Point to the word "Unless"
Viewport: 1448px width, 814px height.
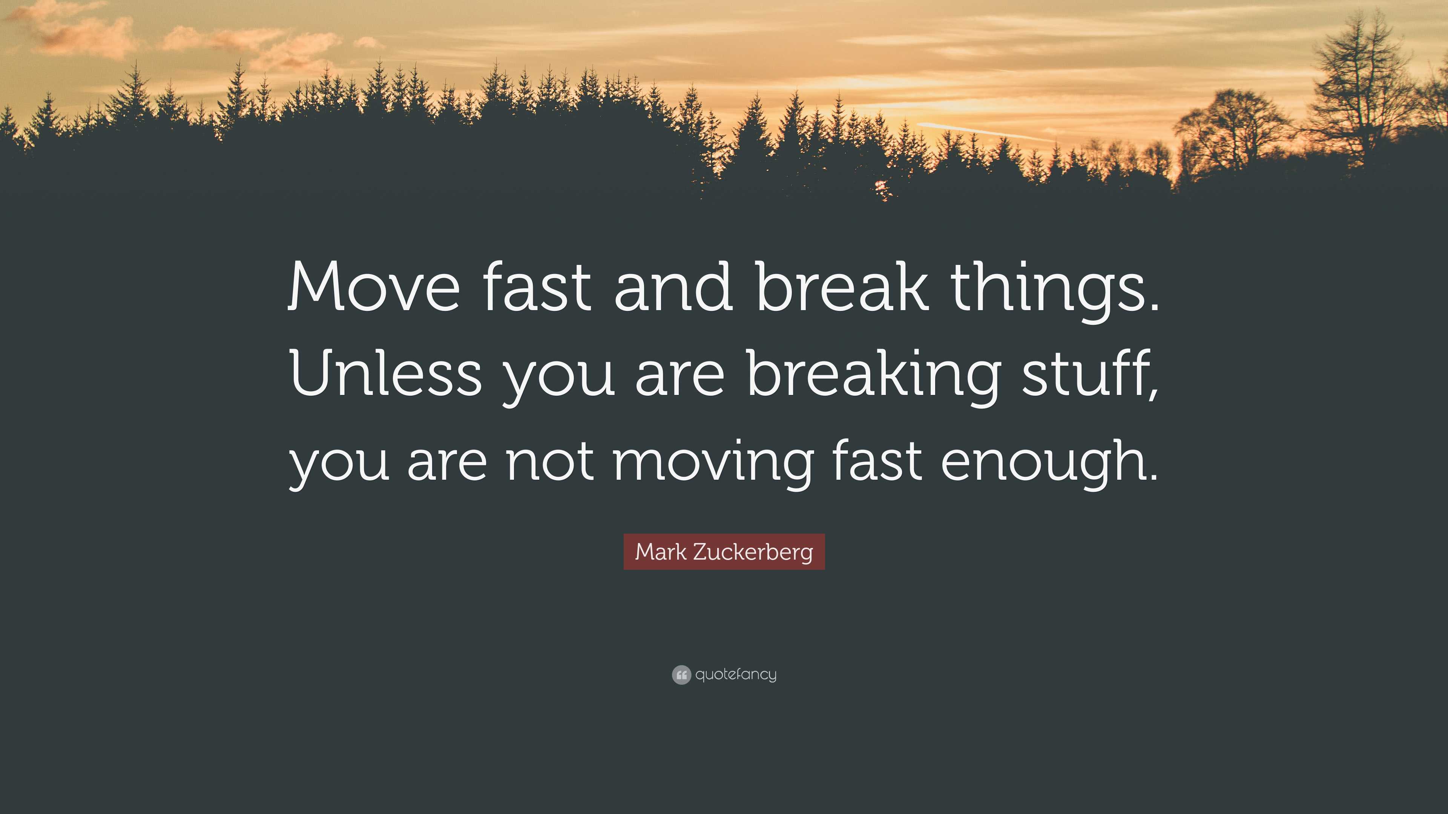(386, 373)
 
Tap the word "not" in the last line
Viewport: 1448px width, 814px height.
(550, 461)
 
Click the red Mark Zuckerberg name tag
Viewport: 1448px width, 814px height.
(724, 552)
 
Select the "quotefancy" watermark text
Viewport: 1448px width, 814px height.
(736, 674)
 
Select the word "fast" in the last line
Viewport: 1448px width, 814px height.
(877, 461)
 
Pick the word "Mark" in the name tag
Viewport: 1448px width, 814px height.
(661, 552)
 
